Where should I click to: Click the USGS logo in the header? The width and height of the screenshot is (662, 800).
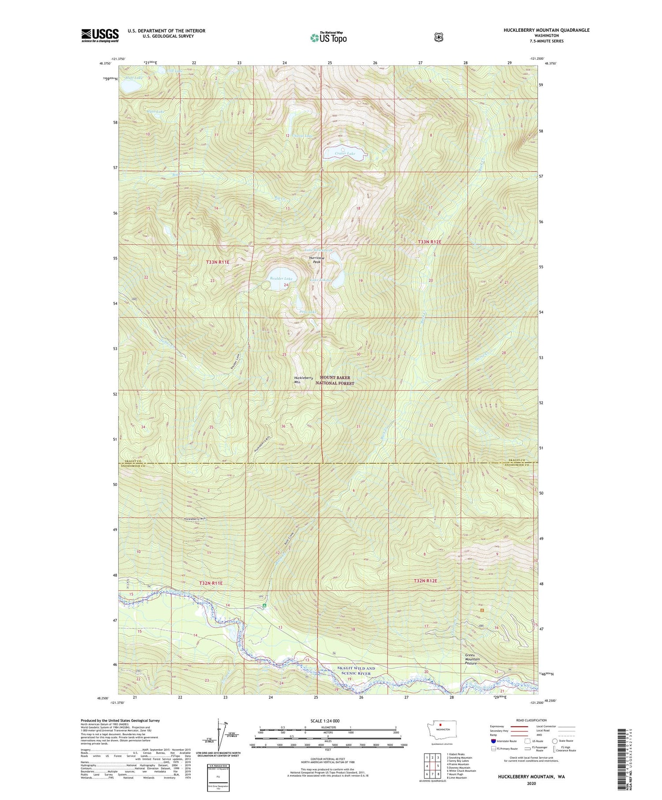100,35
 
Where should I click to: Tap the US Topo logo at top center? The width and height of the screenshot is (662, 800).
328,38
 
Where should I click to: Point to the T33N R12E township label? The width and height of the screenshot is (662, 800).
430,242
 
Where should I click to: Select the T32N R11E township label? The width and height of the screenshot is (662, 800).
211,583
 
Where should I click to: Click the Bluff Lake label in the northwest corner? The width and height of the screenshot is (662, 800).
134,78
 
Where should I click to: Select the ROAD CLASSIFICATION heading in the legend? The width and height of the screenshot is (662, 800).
528,720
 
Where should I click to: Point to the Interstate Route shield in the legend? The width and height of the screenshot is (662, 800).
493,741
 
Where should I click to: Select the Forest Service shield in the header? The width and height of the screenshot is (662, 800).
438,38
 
